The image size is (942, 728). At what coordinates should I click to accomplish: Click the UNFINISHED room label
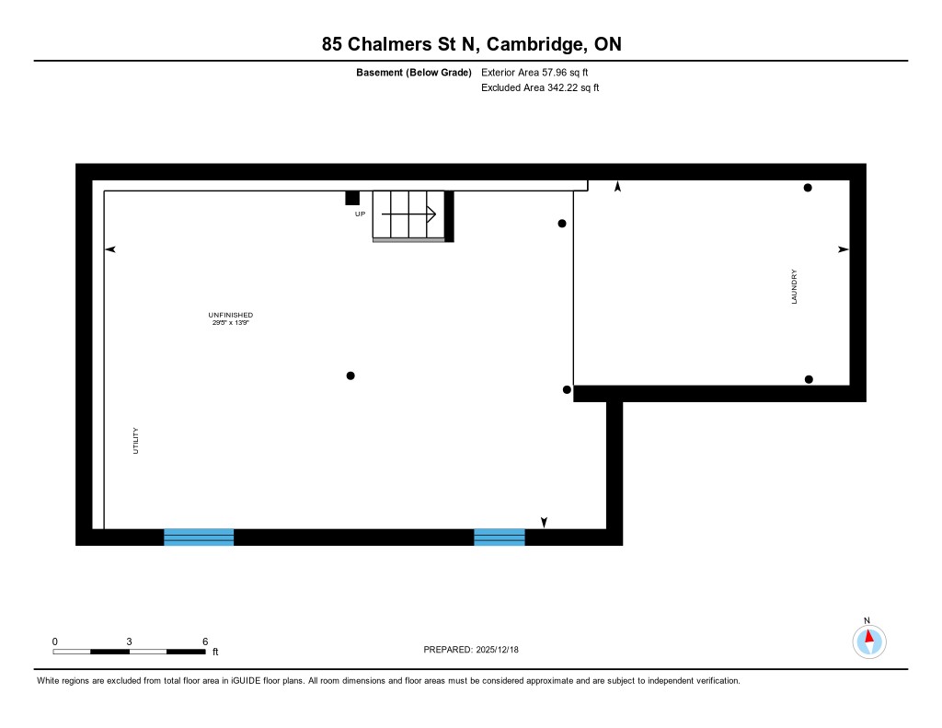[x=231, y=315]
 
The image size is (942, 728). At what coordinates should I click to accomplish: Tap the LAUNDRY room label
[x=794, y=287]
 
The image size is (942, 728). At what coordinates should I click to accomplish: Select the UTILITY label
[x=135, y=441]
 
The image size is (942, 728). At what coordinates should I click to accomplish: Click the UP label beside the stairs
[x=360, y=214]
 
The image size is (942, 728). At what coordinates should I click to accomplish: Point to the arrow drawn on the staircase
[x=408, y=214]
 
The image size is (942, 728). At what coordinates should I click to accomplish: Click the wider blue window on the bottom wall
[x=199, y=537]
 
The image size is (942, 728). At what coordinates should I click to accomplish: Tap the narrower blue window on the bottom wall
[x=500, y=537]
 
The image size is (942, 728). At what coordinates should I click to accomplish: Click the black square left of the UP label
[x=352, y=198]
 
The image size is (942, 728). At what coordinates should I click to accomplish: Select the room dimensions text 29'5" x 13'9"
[x=231, y=323]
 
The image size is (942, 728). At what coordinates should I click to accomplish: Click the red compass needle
[x=868, y=636]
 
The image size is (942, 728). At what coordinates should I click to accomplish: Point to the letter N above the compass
[x=867, y=620]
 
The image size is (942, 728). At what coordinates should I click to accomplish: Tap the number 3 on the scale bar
[x=129, y=641]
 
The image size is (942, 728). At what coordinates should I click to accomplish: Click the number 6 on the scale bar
[x=205, y=641]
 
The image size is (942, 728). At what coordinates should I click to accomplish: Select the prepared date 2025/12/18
[x=498, y=649]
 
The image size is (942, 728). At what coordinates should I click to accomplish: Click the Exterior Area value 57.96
[x=555, y=72]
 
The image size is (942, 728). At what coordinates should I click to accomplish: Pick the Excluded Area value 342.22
[x=560, y=87]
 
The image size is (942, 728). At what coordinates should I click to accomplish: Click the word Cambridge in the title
[x=534, y=44]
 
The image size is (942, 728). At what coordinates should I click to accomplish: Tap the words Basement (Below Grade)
[x=414, y=72]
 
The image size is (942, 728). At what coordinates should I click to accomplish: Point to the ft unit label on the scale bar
[x=215, y=652]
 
